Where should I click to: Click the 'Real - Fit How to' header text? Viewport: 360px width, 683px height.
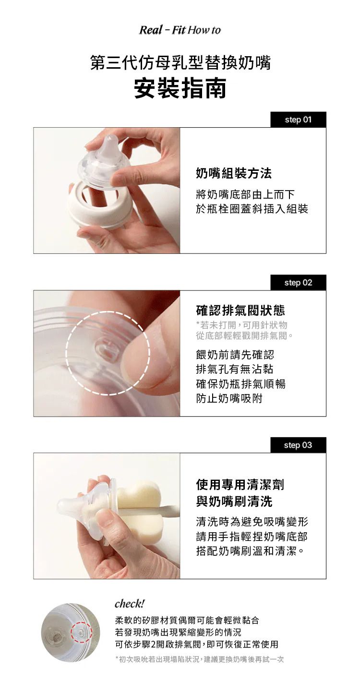(x=180, y=30)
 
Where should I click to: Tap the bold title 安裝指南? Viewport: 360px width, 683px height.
(x=180, y=88)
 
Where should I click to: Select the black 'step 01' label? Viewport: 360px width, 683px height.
(x=298, y=120)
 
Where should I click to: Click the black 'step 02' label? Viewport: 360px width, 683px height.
(x=298, y=282)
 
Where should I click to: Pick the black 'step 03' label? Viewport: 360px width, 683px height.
(x=298, y=445)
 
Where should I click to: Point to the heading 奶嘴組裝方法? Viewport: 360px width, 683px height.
(x=233, y=173)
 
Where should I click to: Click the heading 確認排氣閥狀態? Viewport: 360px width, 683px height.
(x=240, y=311)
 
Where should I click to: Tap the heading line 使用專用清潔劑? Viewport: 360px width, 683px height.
(x=240, y=484)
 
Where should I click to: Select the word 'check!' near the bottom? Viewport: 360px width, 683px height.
(x=129, y=603)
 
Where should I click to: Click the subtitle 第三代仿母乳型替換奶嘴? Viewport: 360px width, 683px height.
(x=180, y=63)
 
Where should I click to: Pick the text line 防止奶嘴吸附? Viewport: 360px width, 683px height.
(x=229, y=398)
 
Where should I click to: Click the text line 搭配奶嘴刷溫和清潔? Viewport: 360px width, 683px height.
(x=250, y=551)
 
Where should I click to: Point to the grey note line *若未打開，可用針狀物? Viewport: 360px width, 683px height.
(x=242, y=325)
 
